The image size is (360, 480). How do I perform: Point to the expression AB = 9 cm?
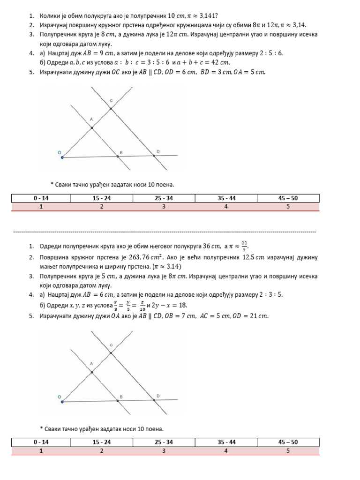tap(104, 53)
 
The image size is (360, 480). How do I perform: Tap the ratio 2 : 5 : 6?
tap(271, 53)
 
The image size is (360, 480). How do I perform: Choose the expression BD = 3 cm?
tap(215, 72)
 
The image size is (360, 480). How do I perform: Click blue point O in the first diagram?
tap(62, 157)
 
